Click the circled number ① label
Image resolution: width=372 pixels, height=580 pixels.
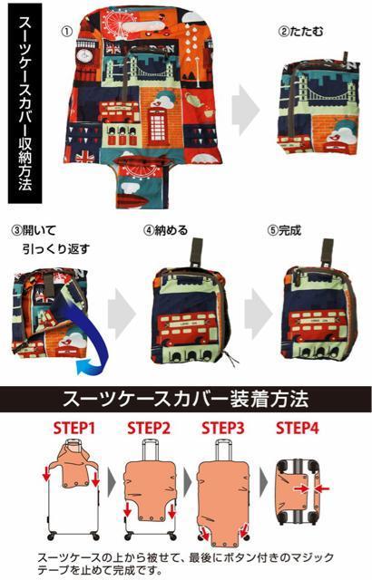pyautogui.click(x=66, y=30)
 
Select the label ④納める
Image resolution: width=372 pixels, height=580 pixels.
pyautogui.click(x=166, y=229)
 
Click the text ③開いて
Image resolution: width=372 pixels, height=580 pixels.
pyautogui.click(x=34, y=228)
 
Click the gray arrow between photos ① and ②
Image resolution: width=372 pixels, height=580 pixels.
pyautogui.click(x=244, y=113)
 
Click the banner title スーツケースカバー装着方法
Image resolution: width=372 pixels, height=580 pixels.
pyautogui.click(x=186, y=399)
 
